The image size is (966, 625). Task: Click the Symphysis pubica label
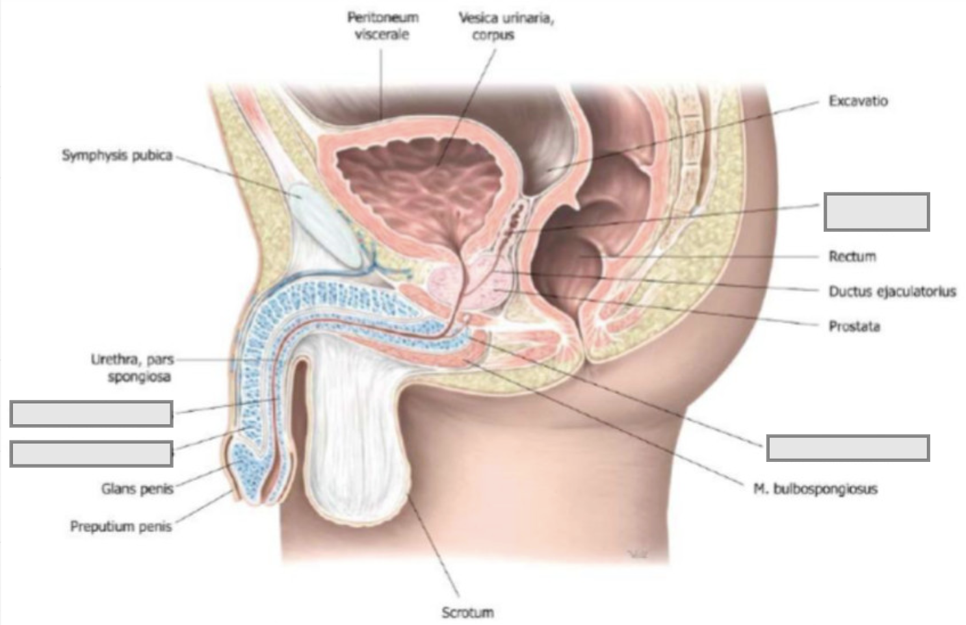117,155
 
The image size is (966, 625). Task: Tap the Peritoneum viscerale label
382,26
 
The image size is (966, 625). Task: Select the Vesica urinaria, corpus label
506,26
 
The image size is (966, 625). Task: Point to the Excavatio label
858,101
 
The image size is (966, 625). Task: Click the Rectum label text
853,257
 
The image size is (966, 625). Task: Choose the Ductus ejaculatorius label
893,291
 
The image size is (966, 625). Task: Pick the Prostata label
854,326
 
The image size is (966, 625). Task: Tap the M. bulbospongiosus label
815,489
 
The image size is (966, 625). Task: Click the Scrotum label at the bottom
467,612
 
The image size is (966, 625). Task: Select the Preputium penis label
121,526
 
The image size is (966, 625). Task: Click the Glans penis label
138,489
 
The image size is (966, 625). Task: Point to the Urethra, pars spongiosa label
133,368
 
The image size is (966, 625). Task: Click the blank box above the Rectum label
877,212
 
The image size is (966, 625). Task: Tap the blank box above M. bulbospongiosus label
848,448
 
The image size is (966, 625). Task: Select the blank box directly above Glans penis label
92,453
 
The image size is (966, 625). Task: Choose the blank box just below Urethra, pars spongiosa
92,414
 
